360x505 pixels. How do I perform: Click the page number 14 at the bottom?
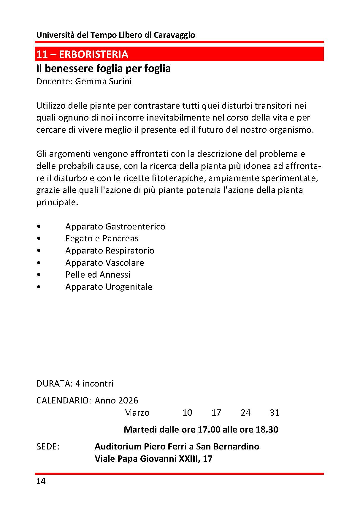click(x=41, y=481)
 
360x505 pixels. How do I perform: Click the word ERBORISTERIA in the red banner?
click(x=93, y=54)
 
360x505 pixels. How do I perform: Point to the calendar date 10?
click(x=187, y=413)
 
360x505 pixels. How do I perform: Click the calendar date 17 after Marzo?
click(x=216, y=413)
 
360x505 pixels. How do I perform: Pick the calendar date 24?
click(x=245, y=413)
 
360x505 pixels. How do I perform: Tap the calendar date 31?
click(x=275, y=413)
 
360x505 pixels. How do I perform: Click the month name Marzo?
click(x=137, y=413)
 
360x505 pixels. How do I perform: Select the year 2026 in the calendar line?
click(x=128, y=400)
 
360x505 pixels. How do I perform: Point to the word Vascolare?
click(x=125, y=263)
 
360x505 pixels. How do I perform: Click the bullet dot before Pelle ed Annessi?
click(x=39, y=275)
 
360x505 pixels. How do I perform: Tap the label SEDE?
click(x=47, y=447)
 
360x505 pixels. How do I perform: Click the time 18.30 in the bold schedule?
click(x=267, y=430)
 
